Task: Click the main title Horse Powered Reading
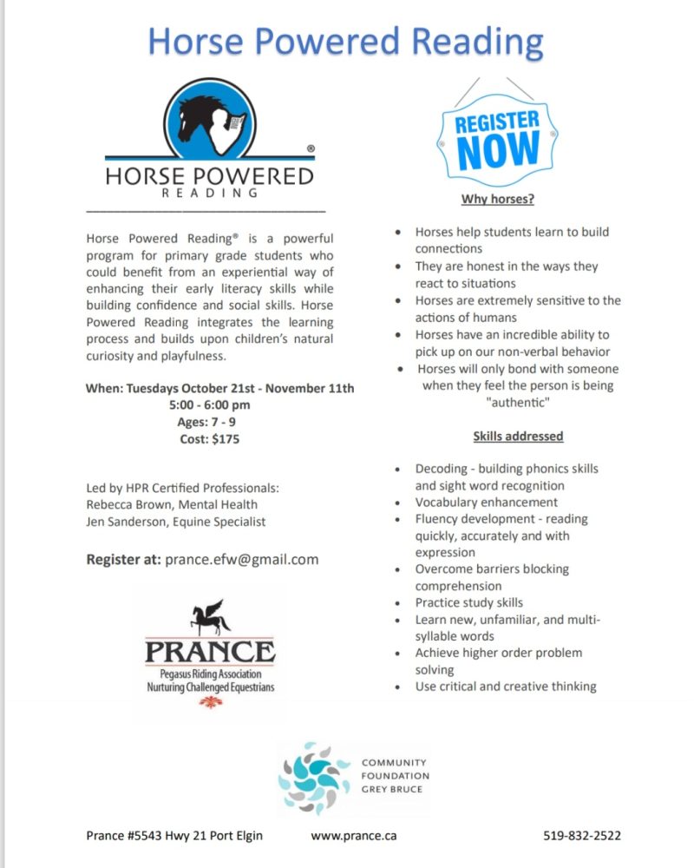point(345,40)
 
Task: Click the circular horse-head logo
point(210,118)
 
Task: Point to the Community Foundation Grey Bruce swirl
point(315,777)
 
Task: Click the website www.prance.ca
point(354,837)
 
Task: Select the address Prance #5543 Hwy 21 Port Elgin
point(174,837)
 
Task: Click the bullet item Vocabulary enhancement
point(486,502)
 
